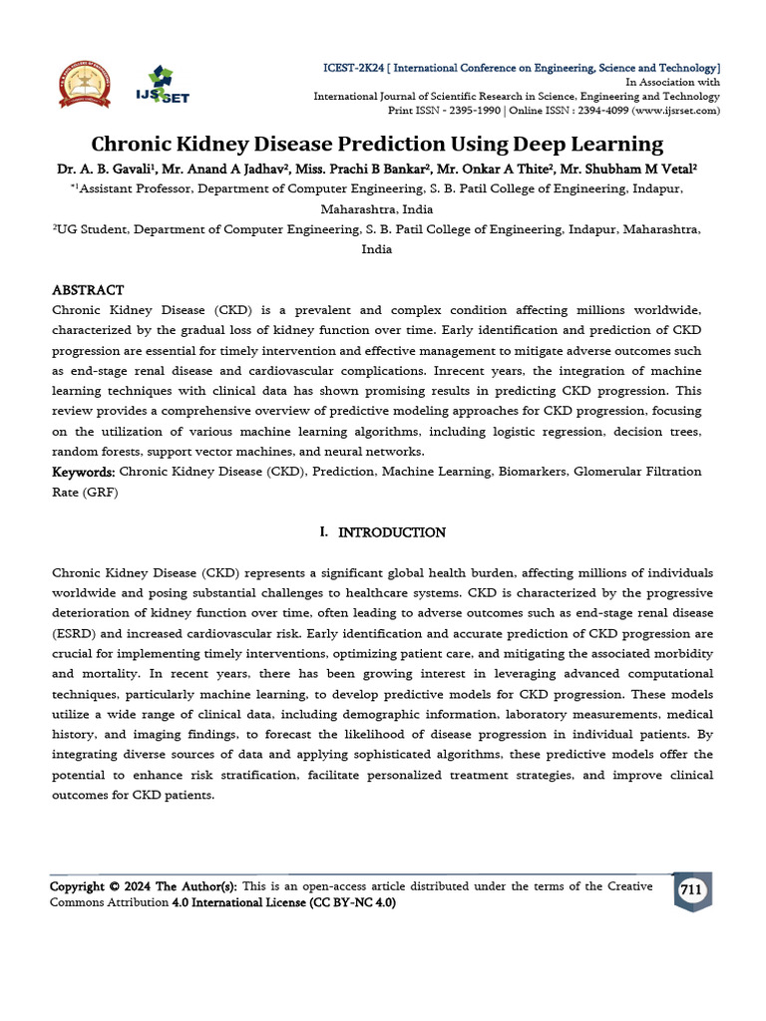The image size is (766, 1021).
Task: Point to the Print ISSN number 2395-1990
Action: pos(473,110)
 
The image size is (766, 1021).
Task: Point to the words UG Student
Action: pos(92,228)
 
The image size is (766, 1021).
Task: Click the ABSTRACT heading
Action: pos(88,290)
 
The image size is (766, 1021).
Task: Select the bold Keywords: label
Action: pos(84,472)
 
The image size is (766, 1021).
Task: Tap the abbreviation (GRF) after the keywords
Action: pos(101,492)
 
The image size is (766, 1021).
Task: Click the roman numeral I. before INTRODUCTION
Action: pos(324,532)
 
